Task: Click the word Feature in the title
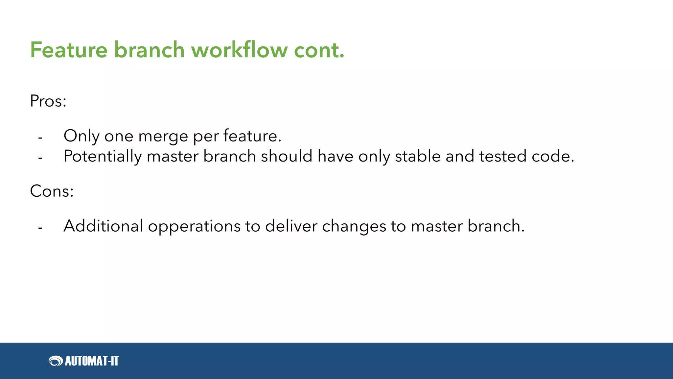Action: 69,50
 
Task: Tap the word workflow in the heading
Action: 239,50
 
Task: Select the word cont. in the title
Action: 319,50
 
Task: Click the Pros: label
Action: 48,101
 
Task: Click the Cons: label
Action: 52,191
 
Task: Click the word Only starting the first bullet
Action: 81,136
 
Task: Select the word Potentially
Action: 102,156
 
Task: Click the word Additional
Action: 103,226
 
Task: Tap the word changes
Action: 354,227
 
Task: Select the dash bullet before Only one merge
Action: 40,138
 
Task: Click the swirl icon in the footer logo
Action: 56,361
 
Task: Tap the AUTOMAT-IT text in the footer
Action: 92,361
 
